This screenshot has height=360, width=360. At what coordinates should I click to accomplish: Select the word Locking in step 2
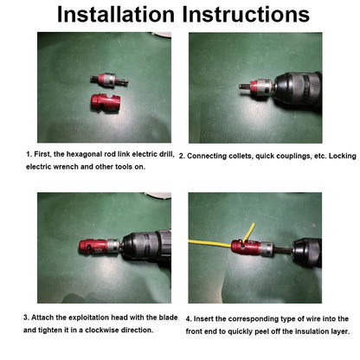337,156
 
